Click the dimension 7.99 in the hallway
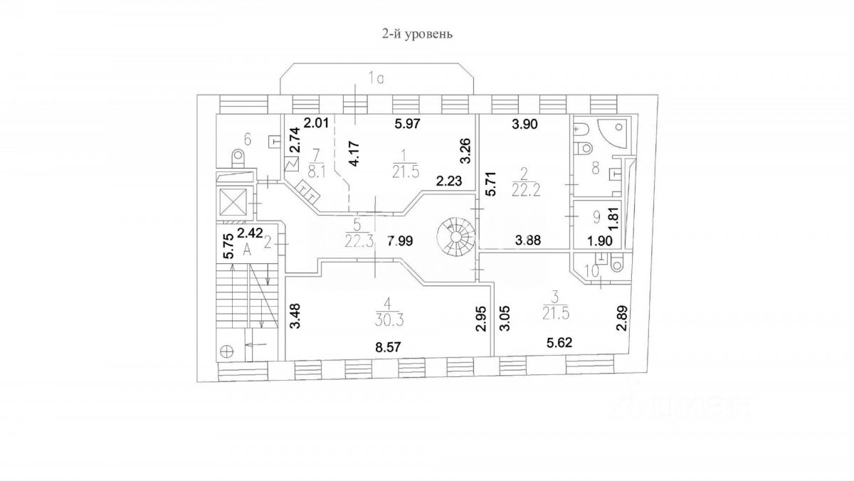pos(401,240)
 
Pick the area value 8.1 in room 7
pos(317,170)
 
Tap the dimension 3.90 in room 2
pos(526,124)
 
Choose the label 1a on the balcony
pos(376,79)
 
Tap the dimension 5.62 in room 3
pos(559,343)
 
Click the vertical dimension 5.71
pos(489,184)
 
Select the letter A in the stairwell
pos(248,248)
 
